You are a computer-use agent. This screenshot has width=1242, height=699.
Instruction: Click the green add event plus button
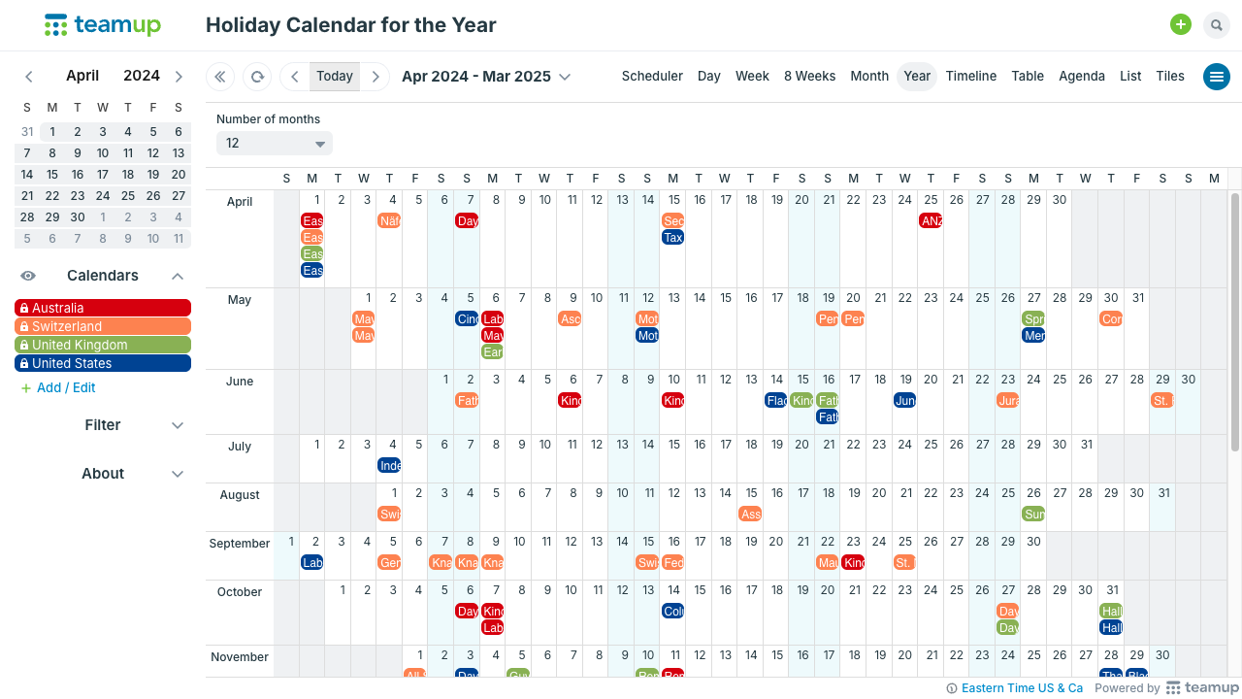point(1180,25)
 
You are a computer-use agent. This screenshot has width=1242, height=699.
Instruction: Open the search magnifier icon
point(1216,25)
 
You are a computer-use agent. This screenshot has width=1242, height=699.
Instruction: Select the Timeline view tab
point(970,76)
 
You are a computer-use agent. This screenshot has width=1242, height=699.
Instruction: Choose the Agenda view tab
point(1081,76)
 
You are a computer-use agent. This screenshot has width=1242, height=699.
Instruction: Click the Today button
point(335,76)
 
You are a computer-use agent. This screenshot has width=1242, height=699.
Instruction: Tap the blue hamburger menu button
point(1216,77)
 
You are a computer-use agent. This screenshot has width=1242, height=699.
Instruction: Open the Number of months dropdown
point(274,144)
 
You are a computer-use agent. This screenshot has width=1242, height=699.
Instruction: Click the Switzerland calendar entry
point(103,326)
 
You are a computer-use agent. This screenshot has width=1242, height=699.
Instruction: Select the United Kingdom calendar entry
point(103,345)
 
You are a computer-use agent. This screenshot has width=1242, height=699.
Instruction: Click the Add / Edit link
point(65,387)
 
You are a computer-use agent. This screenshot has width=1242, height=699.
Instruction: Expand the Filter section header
point(103,425)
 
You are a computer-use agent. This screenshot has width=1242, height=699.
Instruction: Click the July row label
point(240,447)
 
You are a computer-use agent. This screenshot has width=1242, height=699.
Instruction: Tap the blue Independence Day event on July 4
point(389,465)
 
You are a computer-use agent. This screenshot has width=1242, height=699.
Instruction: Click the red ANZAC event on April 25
point(931,220)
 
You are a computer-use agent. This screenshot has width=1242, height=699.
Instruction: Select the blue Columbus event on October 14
point(673,611)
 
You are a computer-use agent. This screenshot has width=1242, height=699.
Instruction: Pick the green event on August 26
point(1033,514)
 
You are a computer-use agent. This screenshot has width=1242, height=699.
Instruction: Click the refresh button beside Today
point(257,77)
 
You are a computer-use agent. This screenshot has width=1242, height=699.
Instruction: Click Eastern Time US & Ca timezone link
point(1021,688)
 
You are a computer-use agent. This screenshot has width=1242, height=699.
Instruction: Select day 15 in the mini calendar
point(52,175)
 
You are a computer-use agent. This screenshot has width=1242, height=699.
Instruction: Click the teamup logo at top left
point(103,25)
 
